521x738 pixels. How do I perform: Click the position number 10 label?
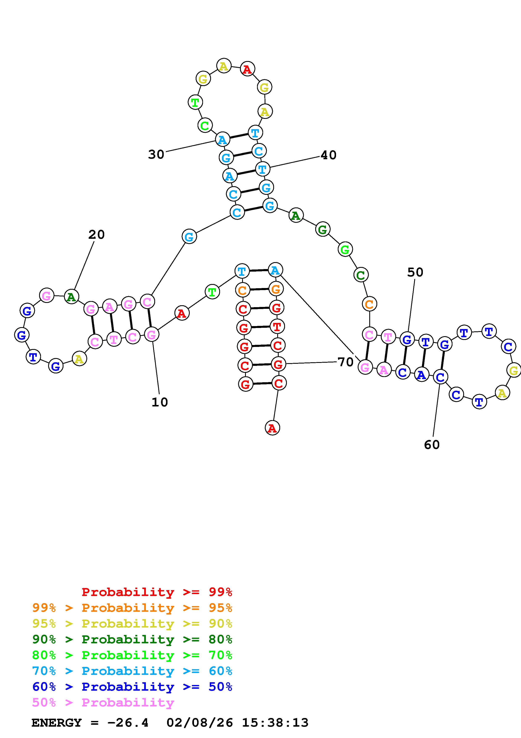pos(160,402)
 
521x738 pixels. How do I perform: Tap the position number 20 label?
pos(96,235)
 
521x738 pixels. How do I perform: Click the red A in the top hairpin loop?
pos(247,69)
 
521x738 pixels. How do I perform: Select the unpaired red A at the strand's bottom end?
pos(272,428)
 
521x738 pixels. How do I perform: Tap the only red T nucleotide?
pos(276,327)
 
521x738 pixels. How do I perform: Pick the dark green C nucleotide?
pos(361,275)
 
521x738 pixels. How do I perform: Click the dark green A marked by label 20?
pos(71,297)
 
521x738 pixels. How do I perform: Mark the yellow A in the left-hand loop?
pos(79,359)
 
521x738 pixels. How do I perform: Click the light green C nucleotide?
pos(204,126)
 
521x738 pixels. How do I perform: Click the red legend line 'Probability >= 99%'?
pos(157,592)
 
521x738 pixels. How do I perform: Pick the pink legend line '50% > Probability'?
pos(103,703)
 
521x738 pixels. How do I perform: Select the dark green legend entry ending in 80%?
pos(132,639)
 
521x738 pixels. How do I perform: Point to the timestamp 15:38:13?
pos(275,723)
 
